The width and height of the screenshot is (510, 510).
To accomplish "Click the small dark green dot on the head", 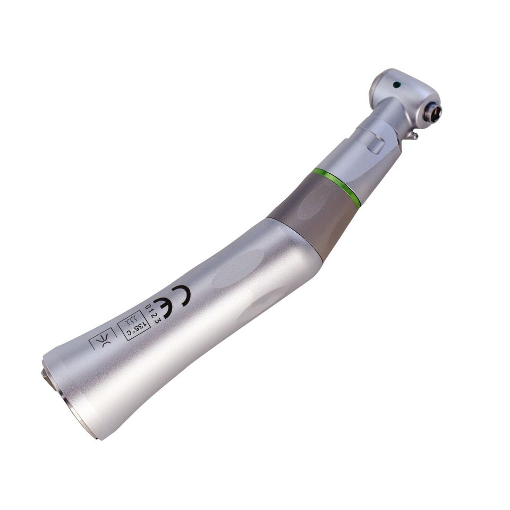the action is pos(396,85).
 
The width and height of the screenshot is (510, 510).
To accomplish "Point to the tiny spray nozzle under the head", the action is pos(413,135).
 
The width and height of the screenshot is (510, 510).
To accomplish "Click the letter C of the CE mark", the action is pos(181,295).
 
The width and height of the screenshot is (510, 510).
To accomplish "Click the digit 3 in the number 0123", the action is pos(158,320).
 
